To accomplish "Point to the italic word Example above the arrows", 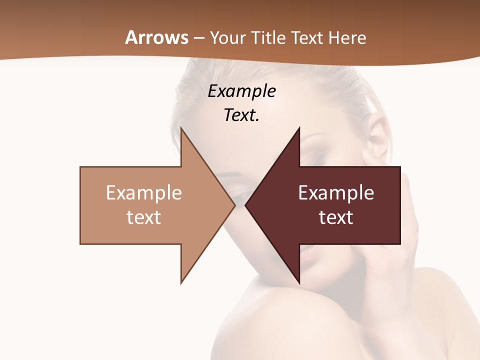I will click(241, 91).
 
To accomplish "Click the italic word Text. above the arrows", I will click(241, 115).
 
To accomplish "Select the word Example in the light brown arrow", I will click(144, 192).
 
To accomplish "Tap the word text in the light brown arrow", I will click(144, 217).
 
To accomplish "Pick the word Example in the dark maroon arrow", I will click(336, 192).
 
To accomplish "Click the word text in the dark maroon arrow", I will click(336, 217).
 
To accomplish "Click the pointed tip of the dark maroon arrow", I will click(246, 205).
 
